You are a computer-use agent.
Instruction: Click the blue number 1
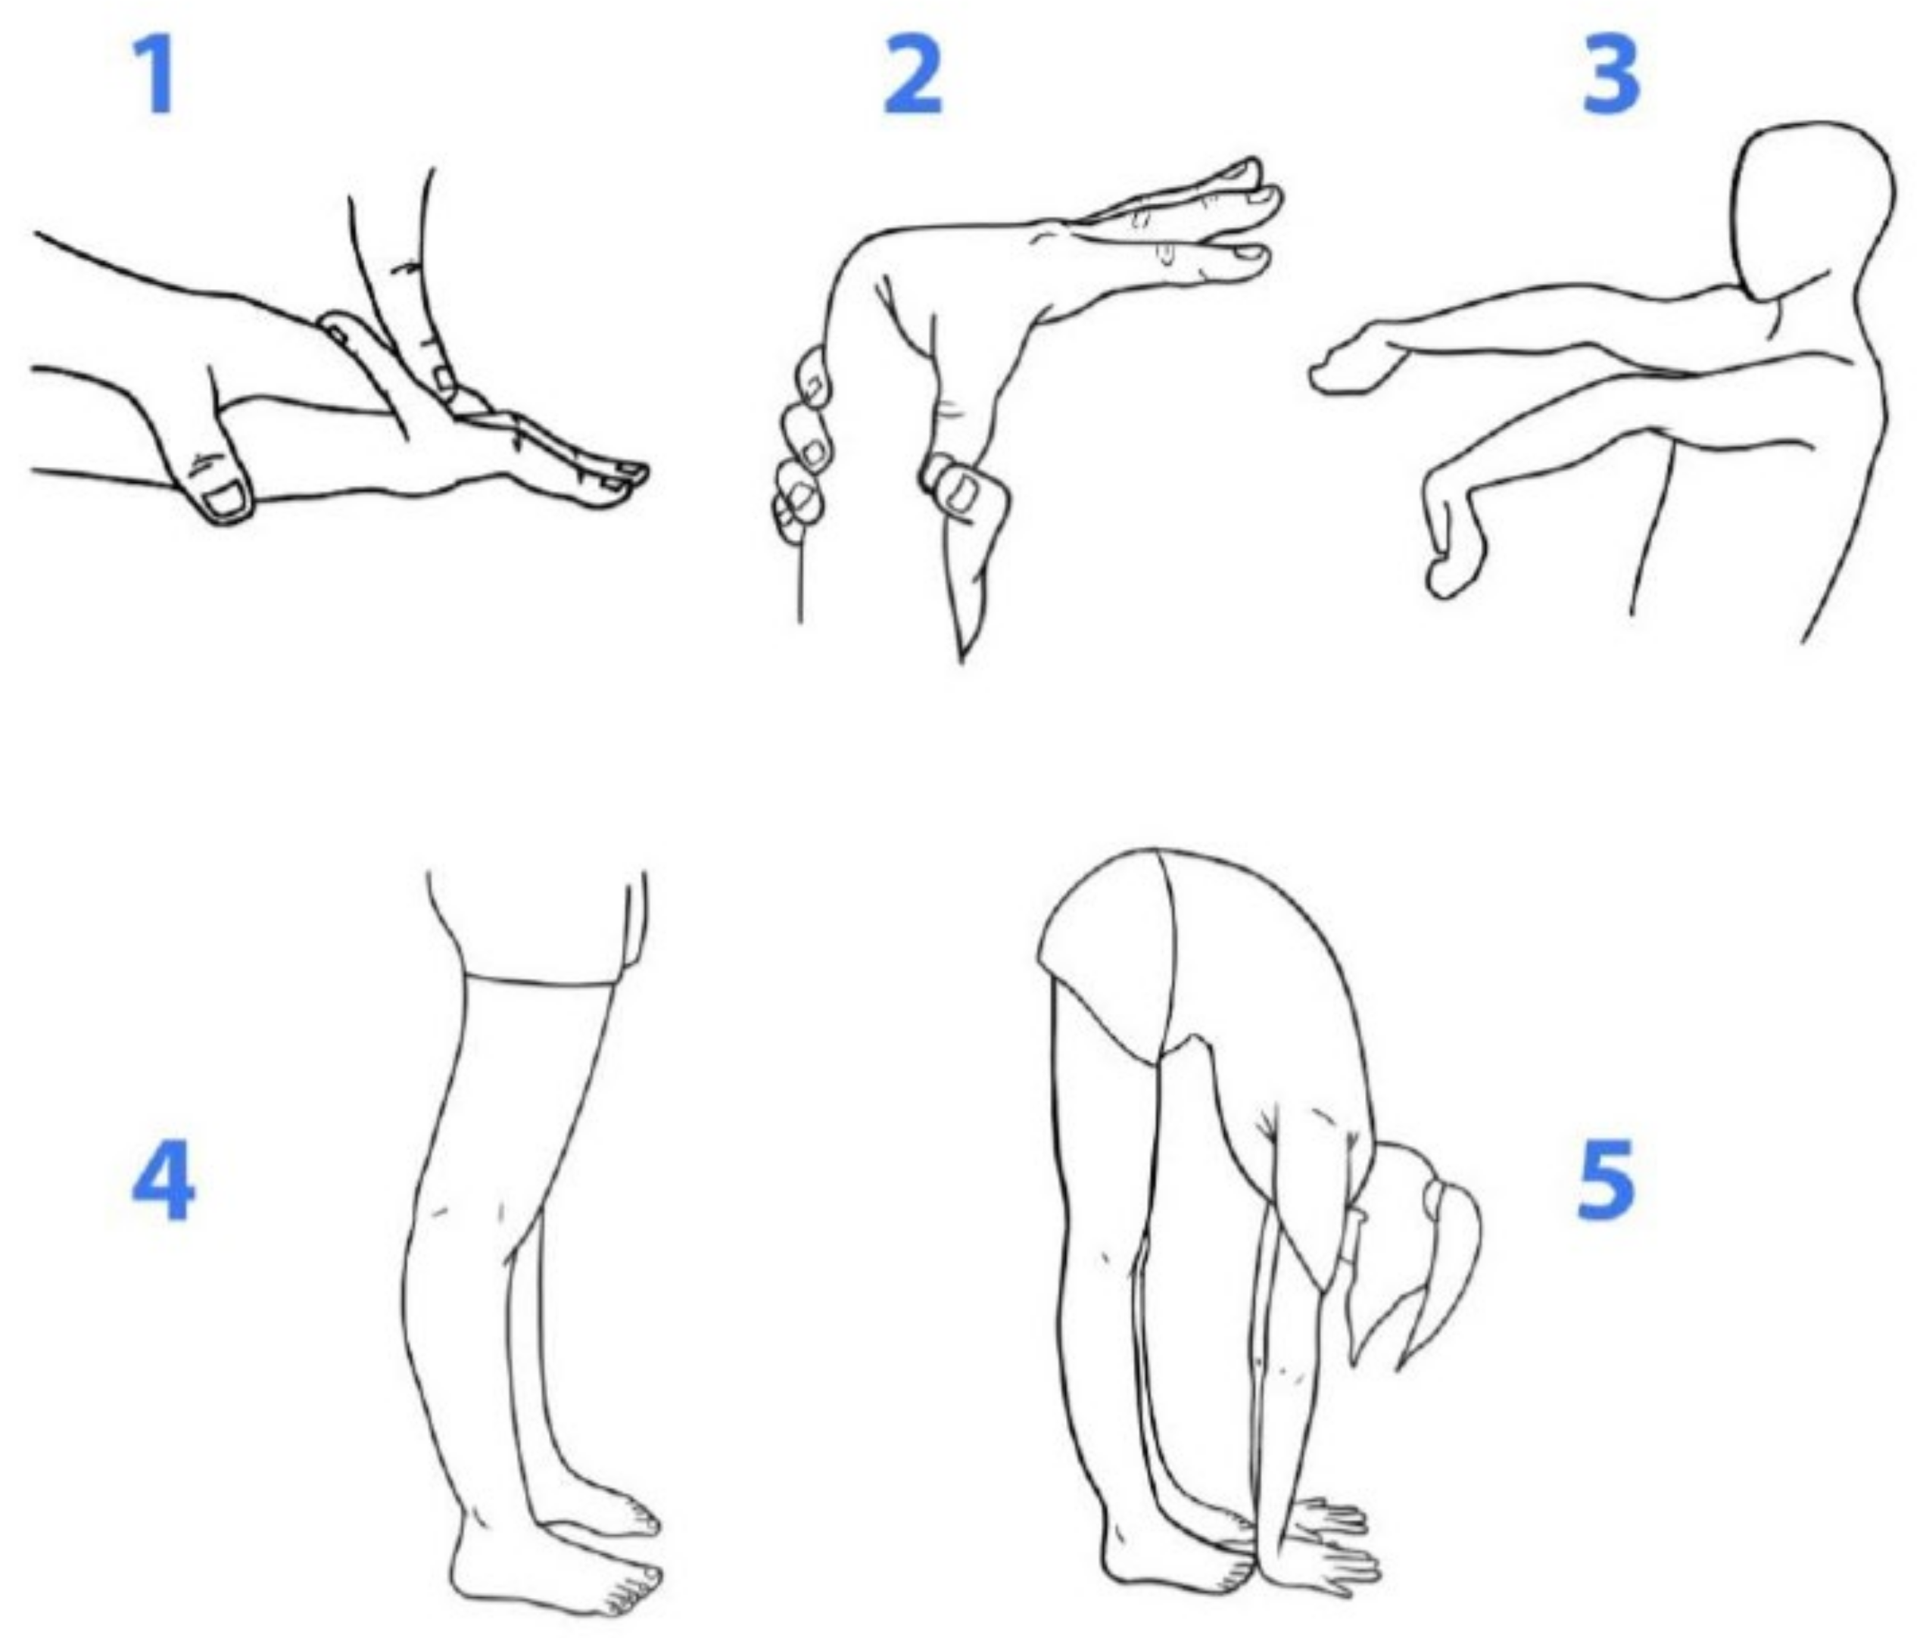tap(156, 77)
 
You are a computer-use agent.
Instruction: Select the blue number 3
tap(1610, 77)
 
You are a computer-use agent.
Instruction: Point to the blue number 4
tap(164, 1182)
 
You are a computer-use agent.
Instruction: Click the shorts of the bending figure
tap(1109, 956)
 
